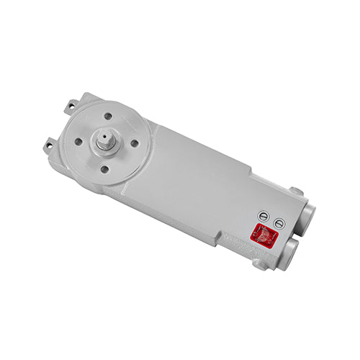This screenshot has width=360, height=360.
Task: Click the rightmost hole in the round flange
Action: point(134,143)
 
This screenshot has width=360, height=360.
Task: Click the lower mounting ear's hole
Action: point(49,145)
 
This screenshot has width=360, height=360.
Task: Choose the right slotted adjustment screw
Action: point(279,224)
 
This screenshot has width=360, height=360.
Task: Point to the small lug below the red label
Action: point(260,264)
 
